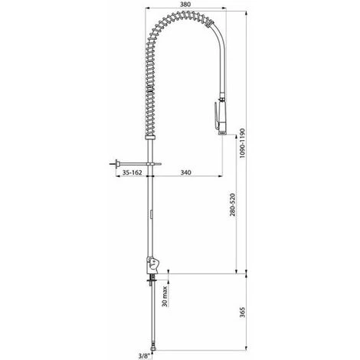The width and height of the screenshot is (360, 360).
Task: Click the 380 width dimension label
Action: (x=185, y=5)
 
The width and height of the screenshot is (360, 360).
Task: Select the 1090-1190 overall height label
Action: (x=242, y=143)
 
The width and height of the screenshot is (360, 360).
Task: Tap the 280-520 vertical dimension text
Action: (x=233, y=205)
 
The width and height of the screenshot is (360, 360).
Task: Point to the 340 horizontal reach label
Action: (x=186, y=172)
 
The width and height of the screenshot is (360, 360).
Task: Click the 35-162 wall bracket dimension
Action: (x=132, y=172)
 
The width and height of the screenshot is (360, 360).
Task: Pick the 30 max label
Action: (x=165, y=296)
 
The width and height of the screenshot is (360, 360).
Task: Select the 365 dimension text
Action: (x=242, y=312)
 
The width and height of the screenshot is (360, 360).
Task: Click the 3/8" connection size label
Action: (x=143, y=355)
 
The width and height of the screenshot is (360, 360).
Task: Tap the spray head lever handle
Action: (x=216, y=116)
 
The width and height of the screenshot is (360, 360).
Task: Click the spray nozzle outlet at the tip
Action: (x=222, y=133)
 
